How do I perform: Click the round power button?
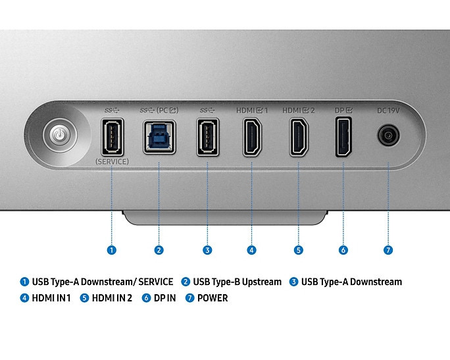point(60,135)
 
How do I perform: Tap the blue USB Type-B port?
point(159,138)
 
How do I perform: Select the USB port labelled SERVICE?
point(113,137)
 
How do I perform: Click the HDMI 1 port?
point(252,137)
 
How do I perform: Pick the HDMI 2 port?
point(299,137)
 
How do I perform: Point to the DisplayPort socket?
point(343,137)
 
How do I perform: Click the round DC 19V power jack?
point(388,135)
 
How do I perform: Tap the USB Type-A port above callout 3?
point(207,137)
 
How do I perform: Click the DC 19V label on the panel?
point(388,111)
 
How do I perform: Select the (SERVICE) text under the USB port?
point(112,162)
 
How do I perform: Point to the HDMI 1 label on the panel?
point(252,111)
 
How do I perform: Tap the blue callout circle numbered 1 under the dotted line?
point(112,250)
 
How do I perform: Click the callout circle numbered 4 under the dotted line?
point(252,250)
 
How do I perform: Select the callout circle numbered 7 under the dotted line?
point(388,250)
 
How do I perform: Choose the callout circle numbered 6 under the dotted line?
point(343,250)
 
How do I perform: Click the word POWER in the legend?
point(213,298)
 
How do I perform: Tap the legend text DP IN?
point(164,298)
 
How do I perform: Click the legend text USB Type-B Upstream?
point(238,282)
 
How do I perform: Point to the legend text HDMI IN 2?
point(112,298)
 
